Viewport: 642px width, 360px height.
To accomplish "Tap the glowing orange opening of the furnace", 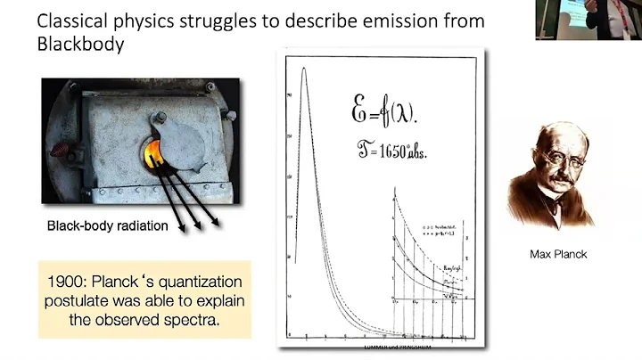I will point(152,148).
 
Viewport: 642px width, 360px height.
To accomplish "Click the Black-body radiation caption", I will point(107,226).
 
